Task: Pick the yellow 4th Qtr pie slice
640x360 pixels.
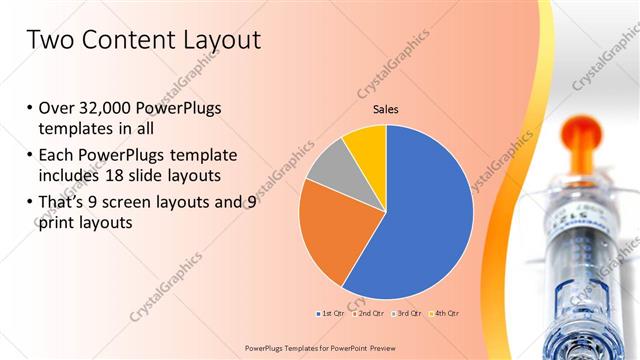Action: pyautogui.click(x=366, y=146)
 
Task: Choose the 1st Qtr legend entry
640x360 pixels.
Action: pyautogui.click(x=331, y=314)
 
